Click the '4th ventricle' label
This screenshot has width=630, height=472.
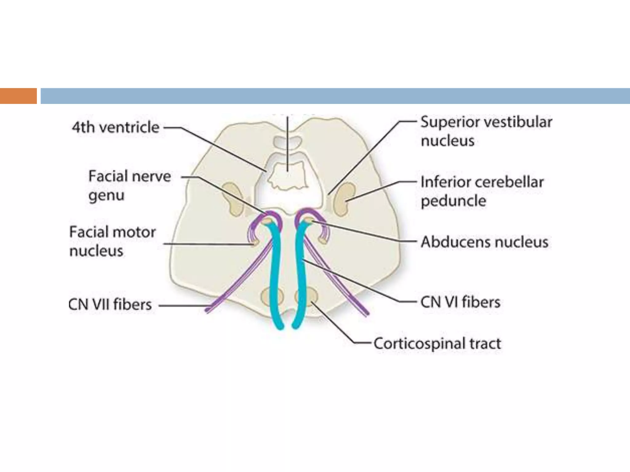pos(115,127)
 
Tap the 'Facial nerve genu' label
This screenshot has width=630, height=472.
pos(130,185)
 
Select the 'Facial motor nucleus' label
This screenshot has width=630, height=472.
pos(112,241)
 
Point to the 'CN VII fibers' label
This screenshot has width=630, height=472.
pos(110,305)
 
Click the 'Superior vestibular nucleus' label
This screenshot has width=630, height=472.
pos(486,131)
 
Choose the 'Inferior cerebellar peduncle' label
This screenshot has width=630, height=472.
pos(482,191)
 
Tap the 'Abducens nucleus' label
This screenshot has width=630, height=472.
pos(484,242)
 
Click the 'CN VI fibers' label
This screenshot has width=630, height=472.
pos(460,302)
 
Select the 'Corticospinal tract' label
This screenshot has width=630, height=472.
pos(437,344)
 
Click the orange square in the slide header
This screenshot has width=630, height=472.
pos(18,96)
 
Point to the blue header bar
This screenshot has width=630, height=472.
pos(335,96)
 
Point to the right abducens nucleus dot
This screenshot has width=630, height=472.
pos(309,220)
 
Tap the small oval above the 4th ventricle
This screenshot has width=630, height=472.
pos(288,142)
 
